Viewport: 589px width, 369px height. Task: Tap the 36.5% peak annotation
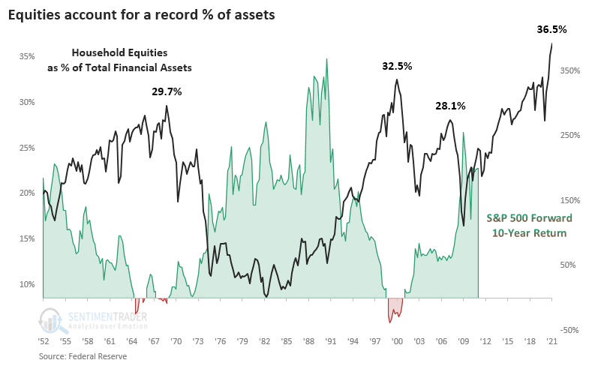[x=551, y=30]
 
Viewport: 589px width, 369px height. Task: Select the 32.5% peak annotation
[x=397, y=66]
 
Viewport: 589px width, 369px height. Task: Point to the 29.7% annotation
[x=167, y=91]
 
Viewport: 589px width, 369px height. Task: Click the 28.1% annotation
[x=450, y=106]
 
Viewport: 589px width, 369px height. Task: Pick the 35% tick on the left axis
[x=27, y=56]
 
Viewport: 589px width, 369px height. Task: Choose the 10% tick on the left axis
[x=27, y=284]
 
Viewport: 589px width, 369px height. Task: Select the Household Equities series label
[x=131, y=60]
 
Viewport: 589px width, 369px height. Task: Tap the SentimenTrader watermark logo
[x=94, y=321]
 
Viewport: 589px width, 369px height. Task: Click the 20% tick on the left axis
[x=27, y=193]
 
